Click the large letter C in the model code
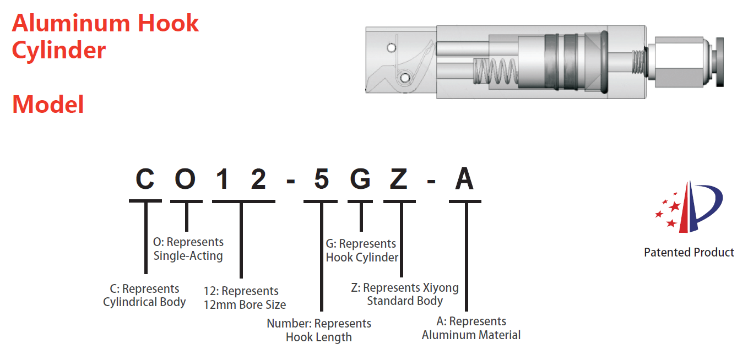pyautogui.click(x=145, y=180)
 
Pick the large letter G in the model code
pyautogui.click(x=361, y=180)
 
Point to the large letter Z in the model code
pyautogui.click(x=399, y=180)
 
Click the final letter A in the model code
pyautogui.click(x=464, y=180)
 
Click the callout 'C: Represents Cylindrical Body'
pyautogui.click(x=144, y=296)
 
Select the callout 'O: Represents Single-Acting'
pyautogui.click(x=188, y=249)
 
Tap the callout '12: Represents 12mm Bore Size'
pyautogui.click(x=245, y=298)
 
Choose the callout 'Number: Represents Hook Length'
pyautogui.click(x=319, y=330)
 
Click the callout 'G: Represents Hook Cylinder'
pyautogui.click(x=362, y=250)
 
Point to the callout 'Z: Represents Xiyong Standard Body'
pyautogui.click(x=405, y=294)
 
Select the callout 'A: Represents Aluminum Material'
pyautogui.click(x=471, y=328)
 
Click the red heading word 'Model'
pyautogui.click(x=48, y=105)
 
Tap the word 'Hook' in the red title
pyautogui.click(x=169, y=24)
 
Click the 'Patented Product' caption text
pyautogui.click(x=689, y=253)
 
